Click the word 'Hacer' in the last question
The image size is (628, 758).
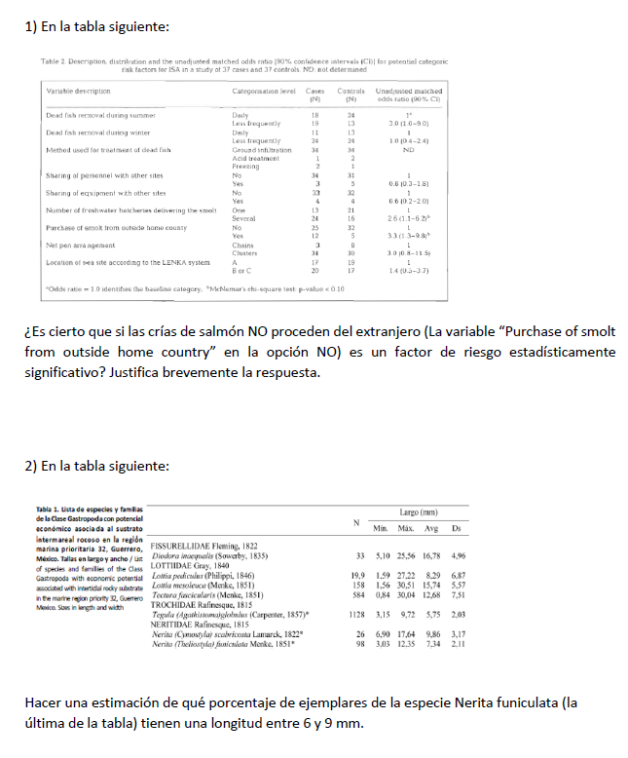pos(45,702)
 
